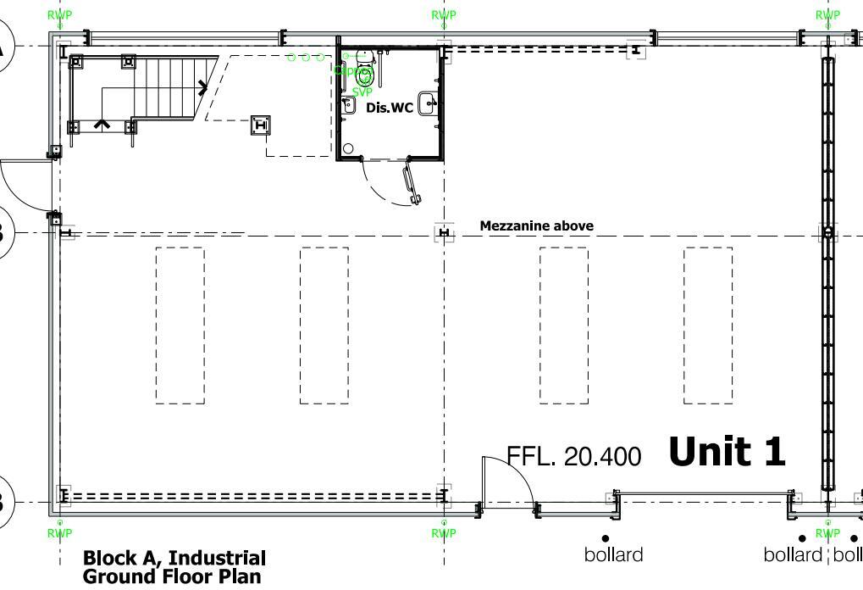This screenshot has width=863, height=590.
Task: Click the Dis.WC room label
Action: click(390, 108)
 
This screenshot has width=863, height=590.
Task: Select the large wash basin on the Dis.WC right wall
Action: click(429, 103)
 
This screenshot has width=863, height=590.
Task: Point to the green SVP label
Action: click(362, 92)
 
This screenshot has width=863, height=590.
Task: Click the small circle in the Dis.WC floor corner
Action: click(347, 149)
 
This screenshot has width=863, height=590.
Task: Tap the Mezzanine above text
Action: click(536, 225)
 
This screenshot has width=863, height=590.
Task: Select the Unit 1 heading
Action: click(727, 451)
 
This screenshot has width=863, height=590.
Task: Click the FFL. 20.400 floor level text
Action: click(573, 456)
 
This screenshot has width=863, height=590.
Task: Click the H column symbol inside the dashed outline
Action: click(261, 125)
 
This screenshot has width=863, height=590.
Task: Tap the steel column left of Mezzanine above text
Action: click(444, 233)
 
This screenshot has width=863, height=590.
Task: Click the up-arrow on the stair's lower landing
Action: click(102, 124)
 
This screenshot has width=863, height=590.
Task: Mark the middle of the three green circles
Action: click(306, 57)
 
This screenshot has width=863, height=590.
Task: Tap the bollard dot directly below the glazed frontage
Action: click(606, 538)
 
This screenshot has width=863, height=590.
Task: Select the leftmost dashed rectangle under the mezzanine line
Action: click(180, 326)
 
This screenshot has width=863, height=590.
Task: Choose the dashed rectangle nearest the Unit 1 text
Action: click(708, 326)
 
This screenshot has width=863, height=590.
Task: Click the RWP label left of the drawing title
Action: click(59, 533)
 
